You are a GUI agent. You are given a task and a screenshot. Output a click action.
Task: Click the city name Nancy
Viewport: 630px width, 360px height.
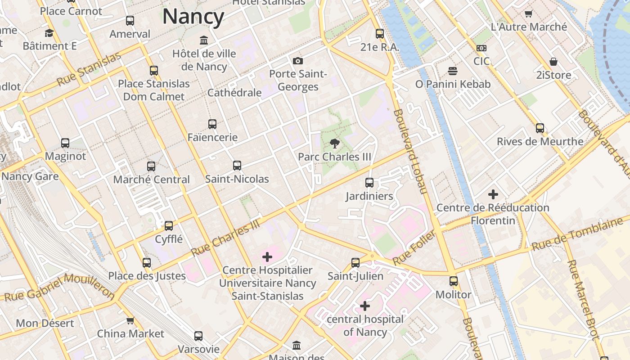(x=193, y=17)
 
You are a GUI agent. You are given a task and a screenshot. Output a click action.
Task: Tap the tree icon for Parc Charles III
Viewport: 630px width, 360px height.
(x=334, y=144)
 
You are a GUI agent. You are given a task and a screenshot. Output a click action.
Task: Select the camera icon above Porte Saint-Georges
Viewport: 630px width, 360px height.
(x=297, y=61)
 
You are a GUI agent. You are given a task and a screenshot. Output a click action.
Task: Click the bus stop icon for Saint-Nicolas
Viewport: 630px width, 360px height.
(x=237, y=166)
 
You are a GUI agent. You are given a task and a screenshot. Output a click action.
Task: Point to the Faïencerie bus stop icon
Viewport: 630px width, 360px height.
(x=212, y=124)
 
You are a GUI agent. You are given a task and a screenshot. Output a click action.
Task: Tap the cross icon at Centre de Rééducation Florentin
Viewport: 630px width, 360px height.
(x=493, y=194)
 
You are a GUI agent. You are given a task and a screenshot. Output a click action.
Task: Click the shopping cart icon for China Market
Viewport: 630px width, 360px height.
(x=130, y=320)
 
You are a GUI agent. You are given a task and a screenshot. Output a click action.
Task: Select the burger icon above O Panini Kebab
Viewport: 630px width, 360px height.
(x=453, y=71)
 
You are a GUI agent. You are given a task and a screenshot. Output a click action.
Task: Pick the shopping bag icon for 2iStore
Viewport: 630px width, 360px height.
(x=553, y=62)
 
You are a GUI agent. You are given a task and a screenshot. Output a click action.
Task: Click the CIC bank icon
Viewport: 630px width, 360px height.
(x=481, y=48)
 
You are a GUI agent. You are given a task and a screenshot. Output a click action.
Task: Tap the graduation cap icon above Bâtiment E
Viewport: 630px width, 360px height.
(x=49, y=33)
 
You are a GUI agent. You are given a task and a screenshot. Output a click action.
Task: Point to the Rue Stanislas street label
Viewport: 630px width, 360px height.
(x=89, y=69)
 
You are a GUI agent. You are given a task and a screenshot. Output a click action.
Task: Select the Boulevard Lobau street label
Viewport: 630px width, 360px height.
(x=409, y=152)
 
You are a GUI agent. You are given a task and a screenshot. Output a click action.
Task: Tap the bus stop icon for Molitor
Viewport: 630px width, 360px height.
(x=454, y=281)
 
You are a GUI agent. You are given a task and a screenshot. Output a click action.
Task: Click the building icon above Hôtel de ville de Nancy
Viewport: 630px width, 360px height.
(x=204, y=40)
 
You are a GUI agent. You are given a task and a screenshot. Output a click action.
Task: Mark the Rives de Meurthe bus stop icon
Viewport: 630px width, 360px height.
(x=540, y=128)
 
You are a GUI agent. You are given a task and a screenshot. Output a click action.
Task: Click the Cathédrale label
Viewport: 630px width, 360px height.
(x=234, y=93)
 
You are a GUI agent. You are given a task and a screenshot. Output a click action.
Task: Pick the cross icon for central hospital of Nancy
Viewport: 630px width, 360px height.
(x=365, y=306)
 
